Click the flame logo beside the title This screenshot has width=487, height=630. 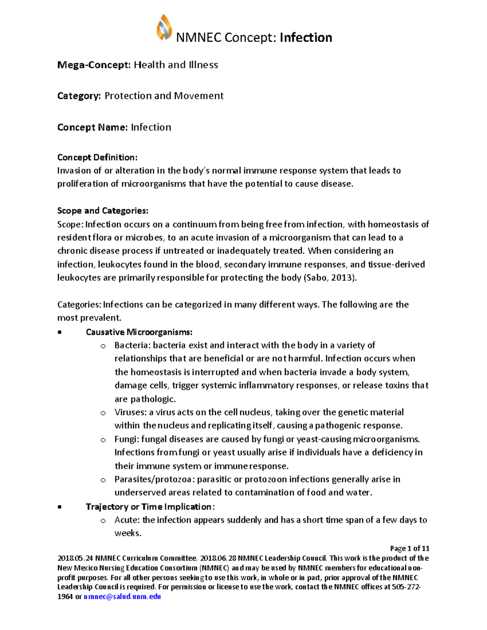point(164,27)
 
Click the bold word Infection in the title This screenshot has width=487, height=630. point(306,38)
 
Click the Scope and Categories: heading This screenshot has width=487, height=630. point(103,211)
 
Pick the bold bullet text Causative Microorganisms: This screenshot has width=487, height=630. point(139,332)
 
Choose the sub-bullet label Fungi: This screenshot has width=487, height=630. point(127,439)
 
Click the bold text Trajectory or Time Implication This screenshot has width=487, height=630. point(149,507)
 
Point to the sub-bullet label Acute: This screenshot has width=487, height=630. point(127,520)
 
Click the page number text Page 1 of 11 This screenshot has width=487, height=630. point(409,548)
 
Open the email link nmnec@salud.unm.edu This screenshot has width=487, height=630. point(122,597)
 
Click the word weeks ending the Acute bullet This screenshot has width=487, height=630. point(128,533)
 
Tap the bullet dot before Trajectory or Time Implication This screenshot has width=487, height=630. point(60,507)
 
